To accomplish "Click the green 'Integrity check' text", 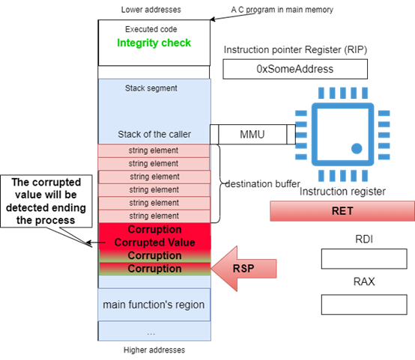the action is pos(154,43).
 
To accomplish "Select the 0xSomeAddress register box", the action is pos(295,69).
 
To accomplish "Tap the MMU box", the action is pos(252,135).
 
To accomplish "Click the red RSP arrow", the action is pos(243,269).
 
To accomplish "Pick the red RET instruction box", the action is pos(342,211).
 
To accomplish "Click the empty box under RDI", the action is pos(364,259).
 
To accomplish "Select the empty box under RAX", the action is pos(364,305).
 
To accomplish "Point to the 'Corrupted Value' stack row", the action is pos(155,242).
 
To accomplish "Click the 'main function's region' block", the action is pos(154,305).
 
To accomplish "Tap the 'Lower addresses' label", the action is pos(151,10).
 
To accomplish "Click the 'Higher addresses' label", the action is pos(154,350).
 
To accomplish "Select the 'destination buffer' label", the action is pos(262,184).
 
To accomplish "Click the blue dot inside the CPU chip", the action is pos(357,148).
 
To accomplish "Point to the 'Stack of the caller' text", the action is pos(154,135).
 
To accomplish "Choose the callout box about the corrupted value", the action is pos(46,201).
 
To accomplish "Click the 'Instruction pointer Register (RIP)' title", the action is pos(295,49).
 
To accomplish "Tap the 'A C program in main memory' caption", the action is pos(282,10).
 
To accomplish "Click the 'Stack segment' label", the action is pos(151,88).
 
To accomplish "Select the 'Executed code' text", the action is pos(151,29).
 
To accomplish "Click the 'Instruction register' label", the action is pos(342,192).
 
